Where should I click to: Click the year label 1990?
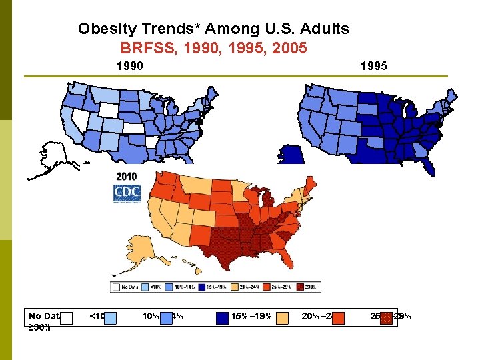point(129,66)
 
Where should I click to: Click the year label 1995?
point(373,66)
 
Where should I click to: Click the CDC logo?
point(127,194)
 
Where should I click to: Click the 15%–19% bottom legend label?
point(251,316)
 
